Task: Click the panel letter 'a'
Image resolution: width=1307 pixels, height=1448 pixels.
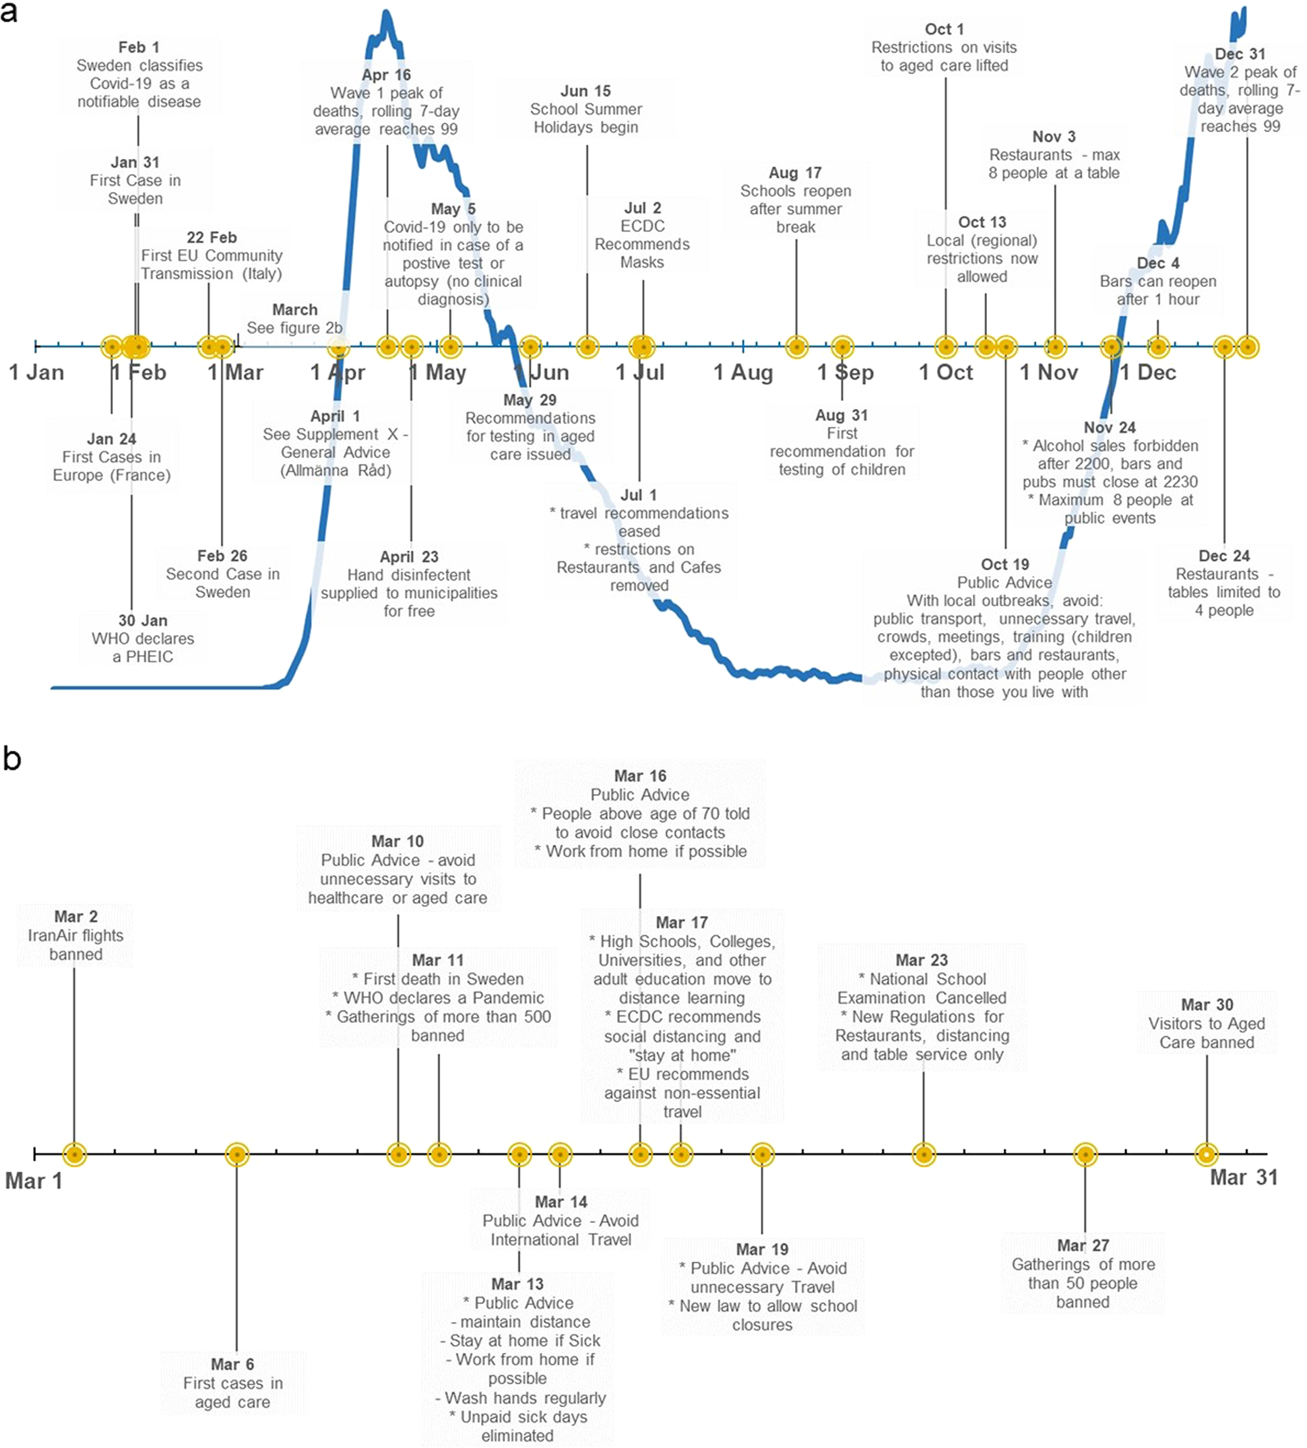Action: pyautogui.click(x=9, y=12)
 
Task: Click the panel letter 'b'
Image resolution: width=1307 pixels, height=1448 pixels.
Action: pyautogui.click(x=12, y=758)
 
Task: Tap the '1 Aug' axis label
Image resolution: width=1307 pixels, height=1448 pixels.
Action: pyautogui.click(x=743, y=372)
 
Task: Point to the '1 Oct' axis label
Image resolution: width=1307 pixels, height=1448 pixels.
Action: pyautogui.click(x=946, y=372)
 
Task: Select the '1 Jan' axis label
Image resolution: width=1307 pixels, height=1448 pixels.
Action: pyautogui.click(x=36, y=372)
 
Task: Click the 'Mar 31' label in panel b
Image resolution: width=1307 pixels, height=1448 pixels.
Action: pyautogui.click(x=1244, y=1177)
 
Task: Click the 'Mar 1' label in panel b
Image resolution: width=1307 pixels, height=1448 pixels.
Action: pyautogui.click(x=34, y=1181)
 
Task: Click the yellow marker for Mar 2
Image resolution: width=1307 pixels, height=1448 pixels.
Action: pyautogui.click(x=75, y=1154)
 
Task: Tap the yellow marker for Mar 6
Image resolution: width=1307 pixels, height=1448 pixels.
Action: pyautogui.click(x=237, y=1154)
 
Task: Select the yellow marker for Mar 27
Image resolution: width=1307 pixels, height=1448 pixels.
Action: pyautogui.click(x=1085, y=1154)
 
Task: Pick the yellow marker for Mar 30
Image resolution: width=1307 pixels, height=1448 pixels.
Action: pyautogui.click(x=1207, y=1154)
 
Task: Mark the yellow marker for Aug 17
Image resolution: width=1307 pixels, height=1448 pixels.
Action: pyautogui.click(x=796, y=347)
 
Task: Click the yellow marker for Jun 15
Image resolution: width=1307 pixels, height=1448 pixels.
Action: pyautogui.click(x=587, y=347)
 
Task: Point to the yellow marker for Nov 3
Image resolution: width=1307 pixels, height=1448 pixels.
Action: pyautogui.click(x=1055, y=347)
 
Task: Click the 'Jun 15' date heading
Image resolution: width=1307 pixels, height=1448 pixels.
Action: pyautogui.click(x=585, y=91)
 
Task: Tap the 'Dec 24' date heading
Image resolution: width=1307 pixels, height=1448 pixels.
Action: pyautogui.click(x=1223, y=556)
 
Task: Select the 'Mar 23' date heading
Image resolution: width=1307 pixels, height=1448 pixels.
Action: pyautogui.click(x=922, y=960)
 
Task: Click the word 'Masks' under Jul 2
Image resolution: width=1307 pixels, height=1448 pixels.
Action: pyautogui.click(x=642, y=262)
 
